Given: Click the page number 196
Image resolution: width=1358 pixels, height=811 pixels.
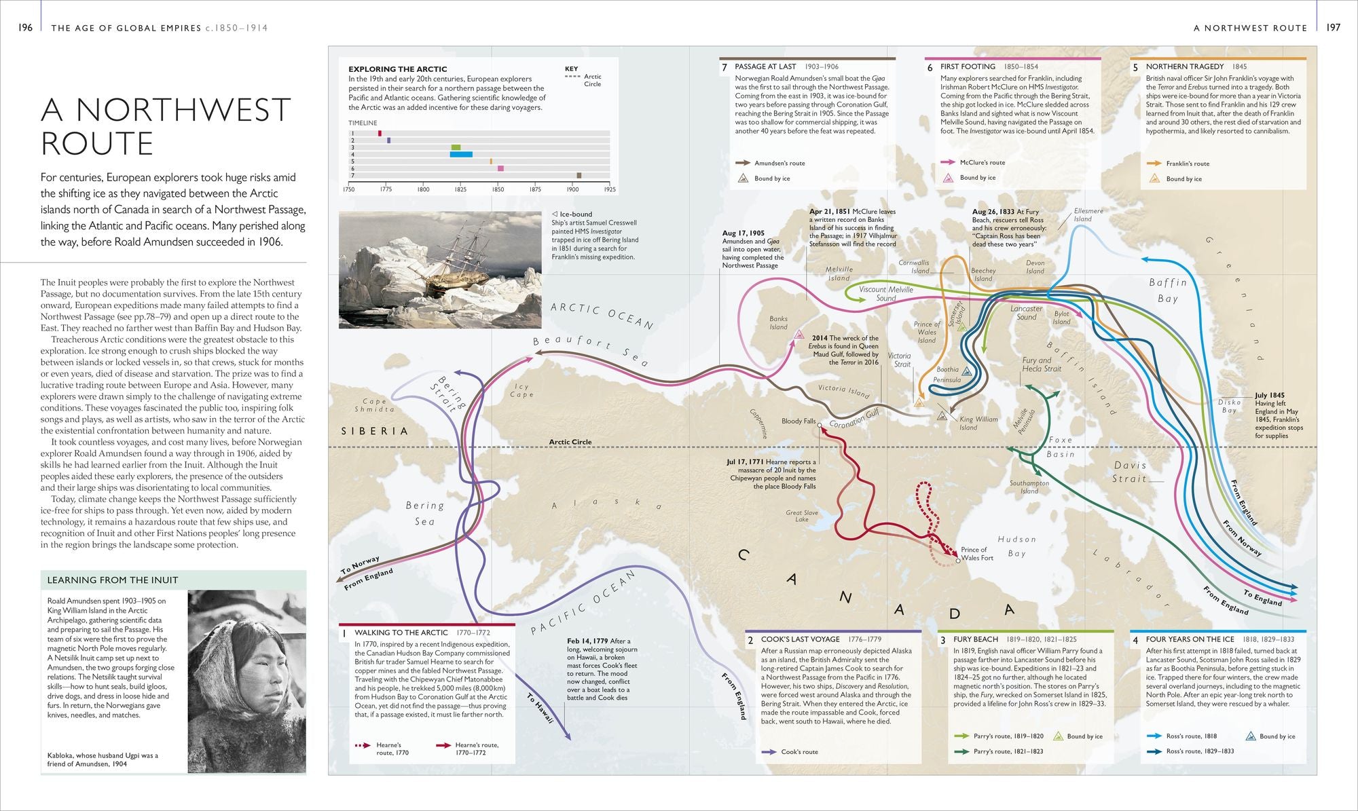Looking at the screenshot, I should [x=25, y=28].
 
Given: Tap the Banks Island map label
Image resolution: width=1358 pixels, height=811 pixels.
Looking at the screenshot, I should [x=778, y=322].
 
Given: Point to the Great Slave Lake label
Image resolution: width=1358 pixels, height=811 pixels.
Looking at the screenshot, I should [x=802, y=516].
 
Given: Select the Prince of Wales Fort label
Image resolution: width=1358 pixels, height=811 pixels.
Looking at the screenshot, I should [x=976, y=554].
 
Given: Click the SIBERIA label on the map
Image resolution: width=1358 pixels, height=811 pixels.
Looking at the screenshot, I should [x=374, y=431].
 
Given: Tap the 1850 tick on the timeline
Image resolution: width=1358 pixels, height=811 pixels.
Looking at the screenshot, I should [x=498, y=189].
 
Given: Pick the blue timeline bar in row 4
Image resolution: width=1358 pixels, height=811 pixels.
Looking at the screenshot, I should [x=461, y=154].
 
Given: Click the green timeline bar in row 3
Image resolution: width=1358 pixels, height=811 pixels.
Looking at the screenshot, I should [x=456, y=147].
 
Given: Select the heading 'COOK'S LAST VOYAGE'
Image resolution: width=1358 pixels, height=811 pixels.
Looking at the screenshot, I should [x=800, y=639].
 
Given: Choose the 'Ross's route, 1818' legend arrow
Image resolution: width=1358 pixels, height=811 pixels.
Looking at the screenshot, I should [x=1154, y=736].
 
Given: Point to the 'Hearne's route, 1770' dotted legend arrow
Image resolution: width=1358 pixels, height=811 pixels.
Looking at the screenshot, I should [x=363, y=745].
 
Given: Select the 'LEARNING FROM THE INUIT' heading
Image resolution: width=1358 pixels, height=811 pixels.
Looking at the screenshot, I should [x=112, y=580].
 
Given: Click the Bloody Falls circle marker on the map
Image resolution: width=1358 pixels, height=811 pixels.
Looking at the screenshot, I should [x=820, y=426].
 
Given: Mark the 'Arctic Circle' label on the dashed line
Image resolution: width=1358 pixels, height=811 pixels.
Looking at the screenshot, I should [x=570, y=442].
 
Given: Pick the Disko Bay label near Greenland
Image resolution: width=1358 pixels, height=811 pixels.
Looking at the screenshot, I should [x=1229, y=406].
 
